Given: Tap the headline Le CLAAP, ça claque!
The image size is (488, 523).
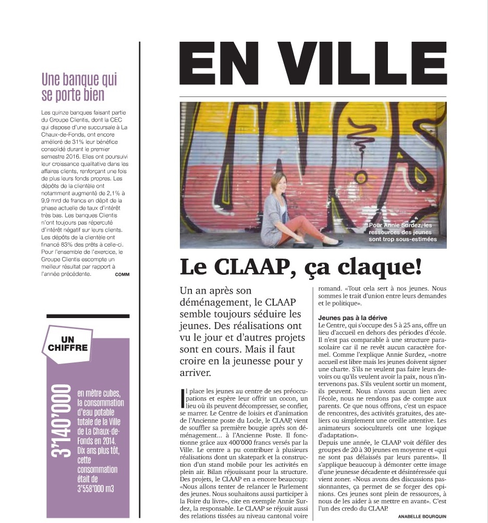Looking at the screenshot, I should click(x=301, y=266).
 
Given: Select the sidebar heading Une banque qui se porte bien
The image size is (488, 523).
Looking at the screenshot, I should click(x=79, y=88).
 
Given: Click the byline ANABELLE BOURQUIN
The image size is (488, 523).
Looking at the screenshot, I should click(x=422, y=516).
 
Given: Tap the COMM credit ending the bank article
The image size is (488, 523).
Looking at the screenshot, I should click(x=122, y=274).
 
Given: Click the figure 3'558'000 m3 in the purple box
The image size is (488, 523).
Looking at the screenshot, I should click(x=96, y=489).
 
